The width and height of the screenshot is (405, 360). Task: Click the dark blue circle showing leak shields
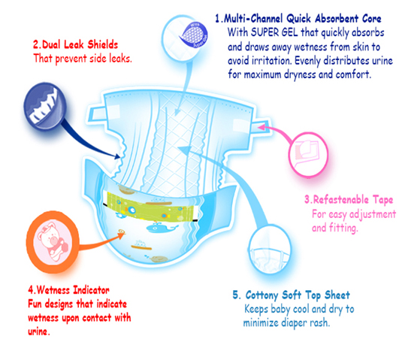point(44,105)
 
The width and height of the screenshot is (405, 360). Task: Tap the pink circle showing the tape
point(308,155)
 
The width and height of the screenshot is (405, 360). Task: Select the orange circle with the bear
point(53,242)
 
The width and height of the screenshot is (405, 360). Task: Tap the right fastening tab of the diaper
point(261,127)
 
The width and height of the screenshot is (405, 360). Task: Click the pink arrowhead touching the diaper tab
point(261,127)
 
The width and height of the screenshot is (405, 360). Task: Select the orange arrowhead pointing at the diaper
point(121,234)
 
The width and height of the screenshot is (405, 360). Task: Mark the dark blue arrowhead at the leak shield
point(117,156)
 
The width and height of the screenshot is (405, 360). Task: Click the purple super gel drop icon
point(194,35)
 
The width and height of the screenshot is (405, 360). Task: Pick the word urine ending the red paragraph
point(38,331)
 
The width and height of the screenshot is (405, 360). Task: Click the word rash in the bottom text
point(320,322)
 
